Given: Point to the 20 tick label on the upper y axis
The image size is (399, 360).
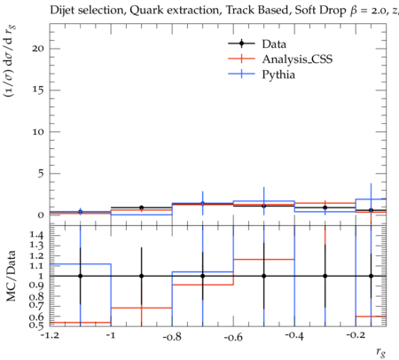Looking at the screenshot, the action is [x=38, y=49].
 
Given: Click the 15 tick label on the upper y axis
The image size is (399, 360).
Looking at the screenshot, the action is [x=38, y=90].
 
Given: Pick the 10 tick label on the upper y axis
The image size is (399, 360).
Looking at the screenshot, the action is [x=38, y=132].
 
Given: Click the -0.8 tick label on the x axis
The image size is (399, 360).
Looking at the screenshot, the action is [x=172, y=336].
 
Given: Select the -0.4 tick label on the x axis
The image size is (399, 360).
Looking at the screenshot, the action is [x=294, y=336].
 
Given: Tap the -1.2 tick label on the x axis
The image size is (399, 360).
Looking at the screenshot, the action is [x=50, y=335].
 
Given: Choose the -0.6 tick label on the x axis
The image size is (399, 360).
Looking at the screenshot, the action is [x=233, y=337].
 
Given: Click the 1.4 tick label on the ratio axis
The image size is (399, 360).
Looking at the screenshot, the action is [x=36, y=235].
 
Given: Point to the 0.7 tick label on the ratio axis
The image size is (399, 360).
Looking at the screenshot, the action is [x=36, y=305].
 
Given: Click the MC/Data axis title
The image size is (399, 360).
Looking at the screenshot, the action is [x=11, y=276].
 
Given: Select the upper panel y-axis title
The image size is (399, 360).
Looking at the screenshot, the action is [x=10, y=60].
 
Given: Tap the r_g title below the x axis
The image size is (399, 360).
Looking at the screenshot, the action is [x=381, y=352].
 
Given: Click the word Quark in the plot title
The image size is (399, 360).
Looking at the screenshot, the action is [x=146, y=11].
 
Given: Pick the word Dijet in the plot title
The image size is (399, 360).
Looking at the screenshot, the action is [x=62, y=11].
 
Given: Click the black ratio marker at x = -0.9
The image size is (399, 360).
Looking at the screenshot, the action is [x=142, y=276].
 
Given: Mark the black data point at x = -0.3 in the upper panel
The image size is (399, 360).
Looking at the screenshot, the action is [x=325, y=207].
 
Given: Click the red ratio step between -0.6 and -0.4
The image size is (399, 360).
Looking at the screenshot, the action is [x=264, y=260].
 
